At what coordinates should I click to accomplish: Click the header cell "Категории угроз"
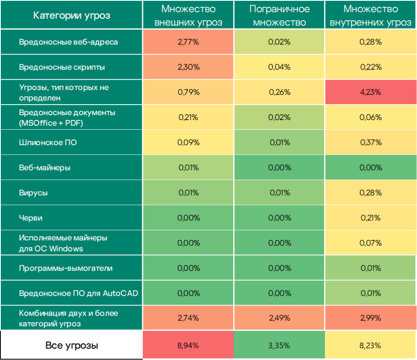coord(72,15)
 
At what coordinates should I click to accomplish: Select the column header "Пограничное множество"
coord(279,15)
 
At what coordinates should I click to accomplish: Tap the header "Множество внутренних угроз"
coord(371,15)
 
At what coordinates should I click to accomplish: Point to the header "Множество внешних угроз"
coord(188,15)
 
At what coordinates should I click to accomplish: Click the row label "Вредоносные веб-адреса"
coord(68,42)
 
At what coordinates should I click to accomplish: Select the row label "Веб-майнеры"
coord(45,168)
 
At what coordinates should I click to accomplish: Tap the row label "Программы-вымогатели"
coord(66,268)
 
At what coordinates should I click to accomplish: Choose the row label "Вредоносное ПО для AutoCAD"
coord(79,293)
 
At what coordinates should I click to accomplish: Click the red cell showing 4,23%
coord(371,92)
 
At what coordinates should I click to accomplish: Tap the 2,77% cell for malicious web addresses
coord(188,42)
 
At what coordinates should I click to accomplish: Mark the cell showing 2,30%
coord(188,67)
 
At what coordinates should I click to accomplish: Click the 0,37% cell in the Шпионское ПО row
coord(371,143)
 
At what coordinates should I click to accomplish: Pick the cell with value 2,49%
coord(279,318)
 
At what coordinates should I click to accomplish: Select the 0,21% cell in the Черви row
coord(371,218)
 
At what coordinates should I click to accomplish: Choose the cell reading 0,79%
coord(188,92)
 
